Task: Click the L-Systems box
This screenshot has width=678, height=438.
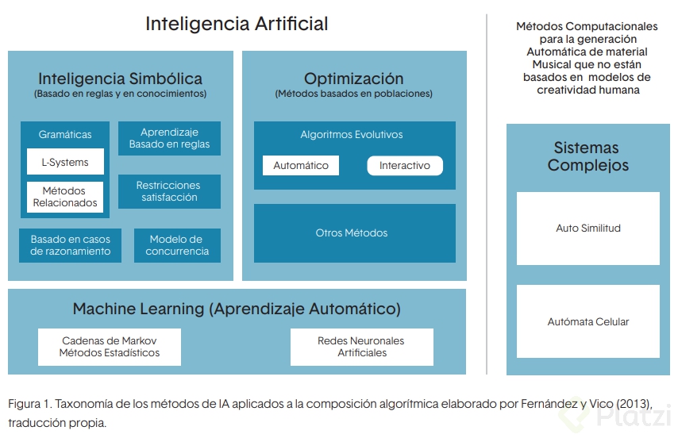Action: (65, 162)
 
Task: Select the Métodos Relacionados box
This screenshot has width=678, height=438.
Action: (65, 196)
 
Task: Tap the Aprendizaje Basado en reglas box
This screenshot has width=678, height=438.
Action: (169, 138)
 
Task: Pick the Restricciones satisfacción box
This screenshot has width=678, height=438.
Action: (169, 191)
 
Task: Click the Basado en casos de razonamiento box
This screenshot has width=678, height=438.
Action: (71, 245)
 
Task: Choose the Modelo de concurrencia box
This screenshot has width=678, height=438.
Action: (177, 245)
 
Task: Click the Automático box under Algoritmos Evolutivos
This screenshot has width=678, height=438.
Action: (301, 166)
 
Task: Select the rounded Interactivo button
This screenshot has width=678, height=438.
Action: (405, 166)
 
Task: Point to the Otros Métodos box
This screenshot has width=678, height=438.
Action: (352, 233)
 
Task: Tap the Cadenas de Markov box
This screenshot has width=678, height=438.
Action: (110, 347)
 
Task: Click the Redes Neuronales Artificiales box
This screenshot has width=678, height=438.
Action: (361, 347)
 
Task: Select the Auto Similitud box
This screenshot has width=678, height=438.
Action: (588, 229)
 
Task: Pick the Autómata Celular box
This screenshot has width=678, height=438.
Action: (588, 322)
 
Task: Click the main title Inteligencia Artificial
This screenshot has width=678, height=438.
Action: (237, 24)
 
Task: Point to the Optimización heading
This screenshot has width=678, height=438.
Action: (353, 79)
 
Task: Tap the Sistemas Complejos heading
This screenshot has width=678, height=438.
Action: (588, 156)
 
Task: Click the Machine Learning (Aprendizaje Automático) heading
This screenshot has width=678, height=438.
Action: (237, 309)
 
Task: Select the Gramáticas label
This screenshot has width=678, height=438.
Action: (65, 134)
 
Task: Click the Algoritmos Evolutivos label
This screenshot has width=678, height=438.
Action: (352, 134)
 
